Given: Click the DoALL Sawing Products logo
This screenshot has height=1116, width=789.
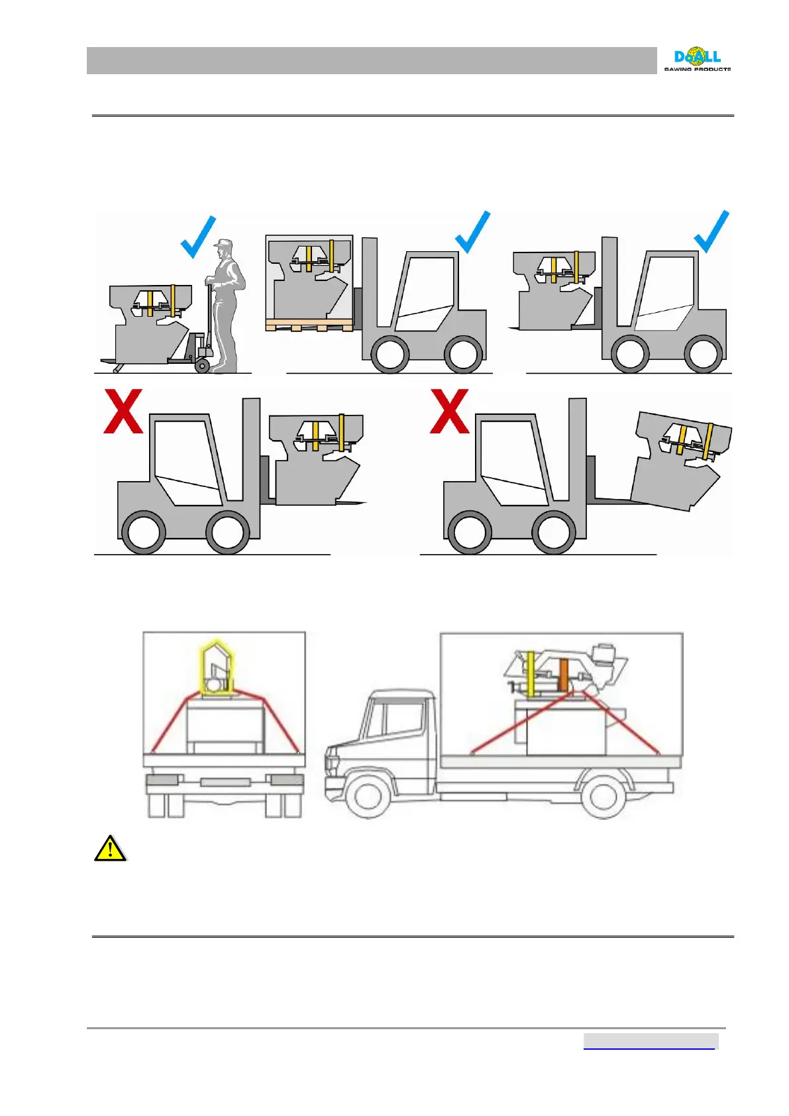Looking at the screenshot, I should tap(697, 59).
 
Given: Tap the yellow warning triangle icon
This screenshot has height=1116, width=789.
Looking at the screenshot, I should tap(110, 849).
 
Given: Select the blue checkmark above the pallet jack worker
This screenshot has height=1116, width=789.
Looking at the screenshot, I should tap(199, 237).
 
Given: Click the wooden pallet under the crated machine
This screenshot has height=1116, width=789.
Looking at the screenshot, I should tap(309, 325).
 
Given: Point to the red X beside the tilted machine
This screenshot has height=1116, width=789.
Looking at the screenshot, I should tap(450, 412).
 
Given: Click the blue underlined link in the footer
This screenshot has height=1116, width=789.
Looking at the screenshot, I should tap(649, 1041).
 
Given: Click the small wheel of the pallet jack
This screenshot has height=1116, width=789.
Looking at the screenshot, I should tap(202, 366).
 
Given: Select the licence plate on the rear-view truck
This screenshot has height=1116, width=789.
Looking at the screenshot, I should tap(225, 783).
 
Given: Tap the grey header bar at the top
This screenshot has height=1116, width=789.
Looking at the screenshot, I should tap(371, 60).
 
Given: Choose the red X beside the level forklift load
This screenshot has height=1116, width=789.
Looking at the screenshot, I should tap(123, 412).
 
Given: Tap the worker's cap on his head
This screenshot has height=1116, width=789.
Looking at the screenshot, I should tap(224, 244).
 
